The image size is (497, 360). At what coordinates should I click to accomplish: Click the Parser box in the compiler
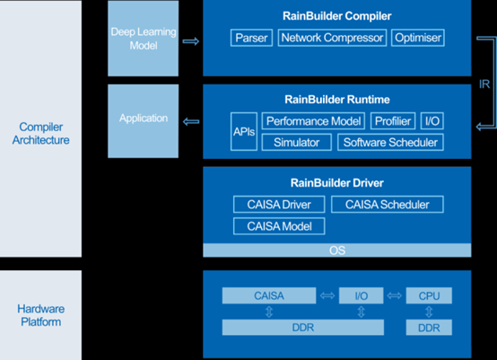coord(251,39)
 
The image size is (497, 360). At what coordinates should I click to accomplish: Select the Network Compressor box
coord(333,39)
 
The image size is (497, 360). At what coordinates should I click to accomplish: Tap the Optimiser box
coord(417,39)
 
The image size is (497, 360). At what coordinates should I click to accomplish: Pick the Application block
coord(144,119)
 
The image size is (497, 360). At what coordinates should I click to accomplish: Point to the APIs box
coord(243,132)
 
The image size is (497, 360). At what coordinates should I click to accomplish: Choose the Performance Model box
coord(314,121)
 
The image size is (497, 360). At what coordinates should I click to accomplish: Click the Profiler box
coord(393,121)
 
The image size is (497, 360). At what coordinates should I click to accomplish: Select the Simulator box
coord(296,143)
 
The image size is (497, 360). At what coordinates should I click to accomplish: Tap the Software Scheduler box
coord(389,143)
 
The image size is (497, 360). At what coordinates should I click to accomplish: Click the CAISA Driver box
coord(279,205)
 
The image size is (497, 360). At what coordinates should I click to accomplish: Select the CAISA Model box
coord(279,226)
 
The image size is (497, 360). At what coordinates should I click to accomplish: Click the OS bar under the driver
coord(336,249)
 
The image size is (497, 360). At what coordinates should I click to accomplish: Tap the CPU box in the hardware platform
coord(430,295)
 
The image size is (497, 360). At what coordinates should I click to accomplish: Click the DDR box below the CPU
coord(430,328)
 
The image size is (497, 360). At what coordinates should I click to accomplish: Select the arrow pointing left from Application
coord(190,119)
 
